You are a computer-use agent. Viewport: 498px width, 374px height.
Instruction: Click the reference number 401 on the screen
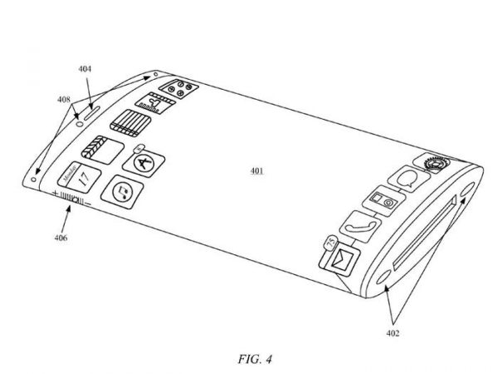click(x=256, y=171)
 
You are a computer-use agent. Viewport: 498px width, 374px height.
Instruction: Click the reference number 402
click(x=393, y=333)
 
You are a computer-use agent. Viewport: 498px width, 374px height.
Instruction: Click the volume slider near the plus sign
click(x=70, y=199)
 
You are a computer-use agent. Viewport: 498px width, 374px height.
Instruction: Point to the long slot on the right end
click(x=424, y=237)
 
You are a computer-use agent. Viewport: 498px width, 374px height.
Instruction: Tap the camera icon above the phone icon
click(x=382, y=201)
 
